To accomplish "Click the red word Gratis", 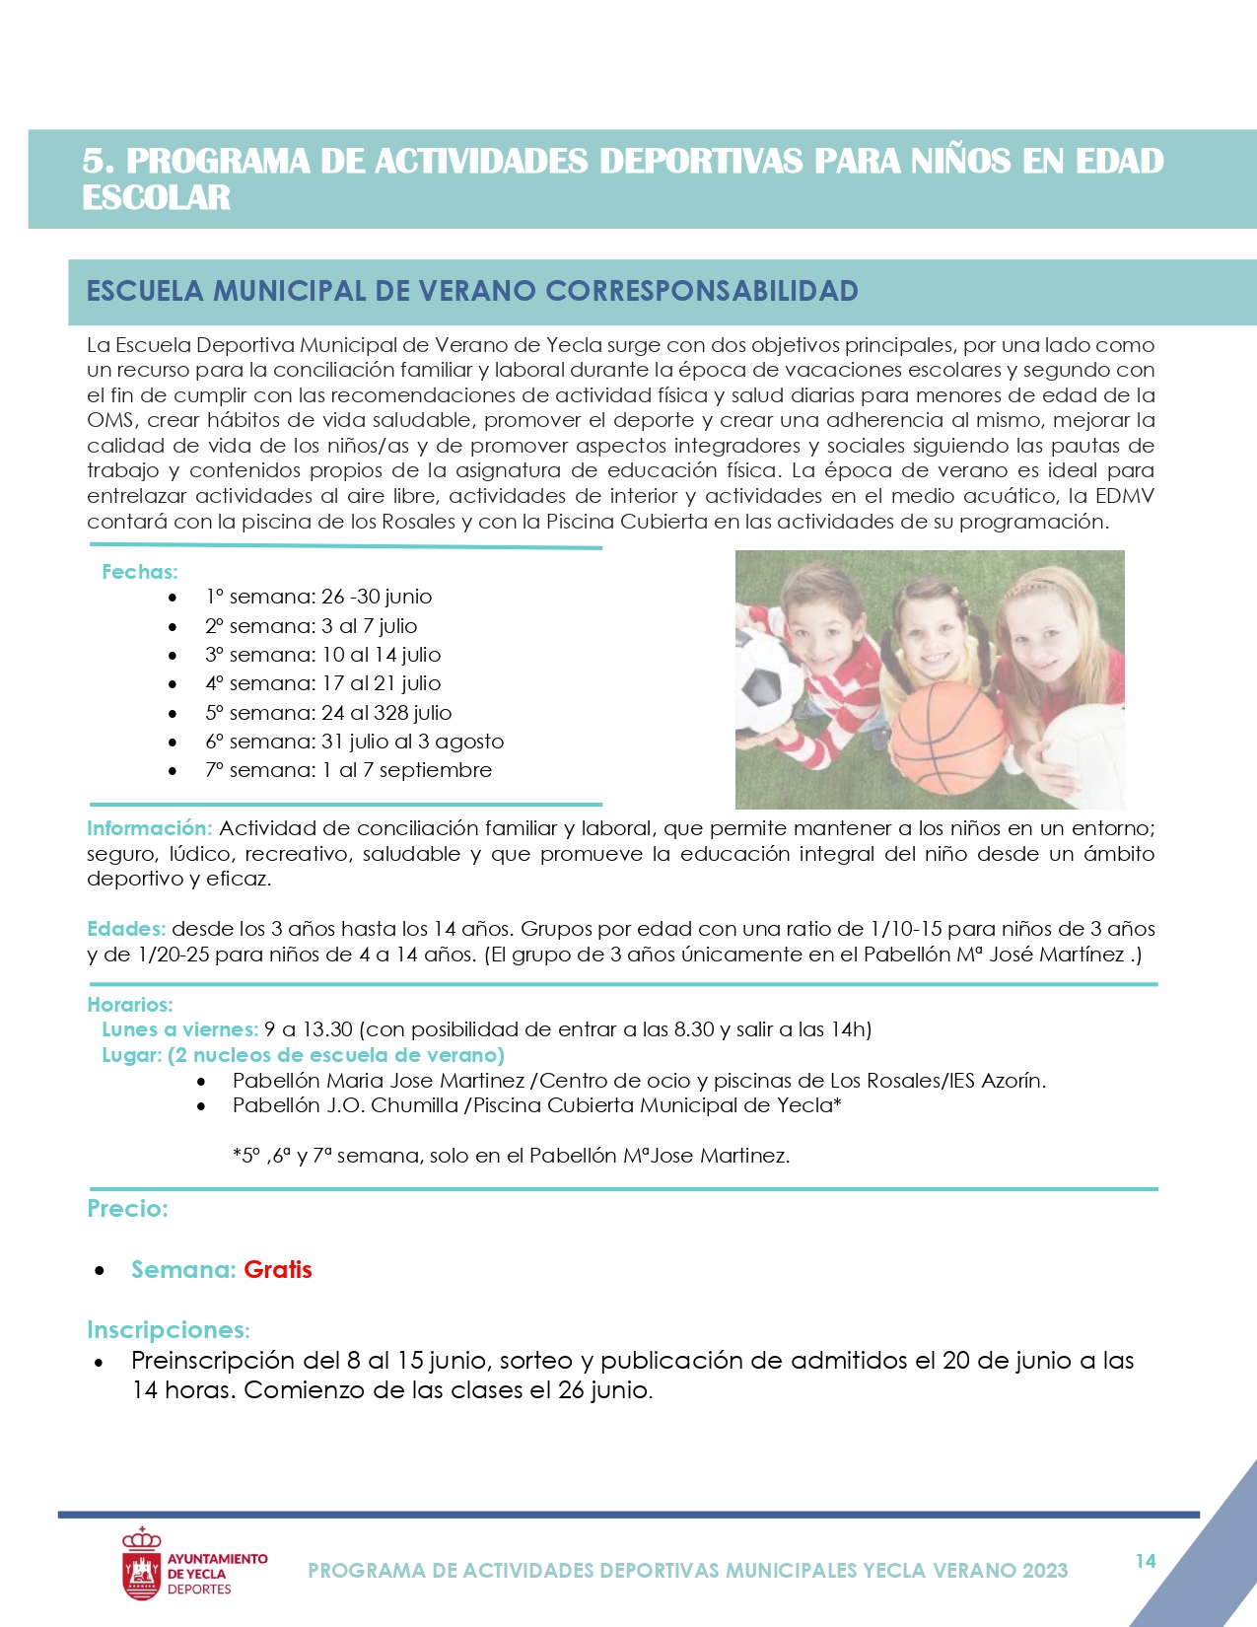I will point(278,1270).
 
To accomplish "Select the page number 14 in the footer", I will point(1145,1561).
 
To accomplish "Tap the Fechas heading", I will point(139,572).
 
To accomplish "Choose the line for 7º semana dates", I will point(348,770).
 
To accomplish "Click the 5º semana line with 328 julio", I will point(328,713).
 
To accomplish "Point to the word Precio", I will point(127,1209).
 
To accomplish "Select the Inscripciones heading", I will point(168,1330).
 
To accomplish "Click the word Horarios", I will point(129,1005).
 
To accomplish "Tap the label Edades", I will point(125,929).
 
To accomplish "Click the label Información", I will point(149,828).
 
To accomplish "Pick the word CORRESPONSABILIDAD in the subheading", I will point(701,291).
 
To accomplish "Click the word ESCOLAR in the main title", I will point(156,197).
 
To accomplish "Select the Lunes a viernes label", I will point(179,1029).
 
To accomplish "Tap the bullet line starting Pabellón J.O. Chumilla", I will point(536,1105).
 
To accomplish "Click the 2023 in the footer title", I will point(1045,1571).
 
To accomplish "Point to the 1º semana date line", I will point(318,597).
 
